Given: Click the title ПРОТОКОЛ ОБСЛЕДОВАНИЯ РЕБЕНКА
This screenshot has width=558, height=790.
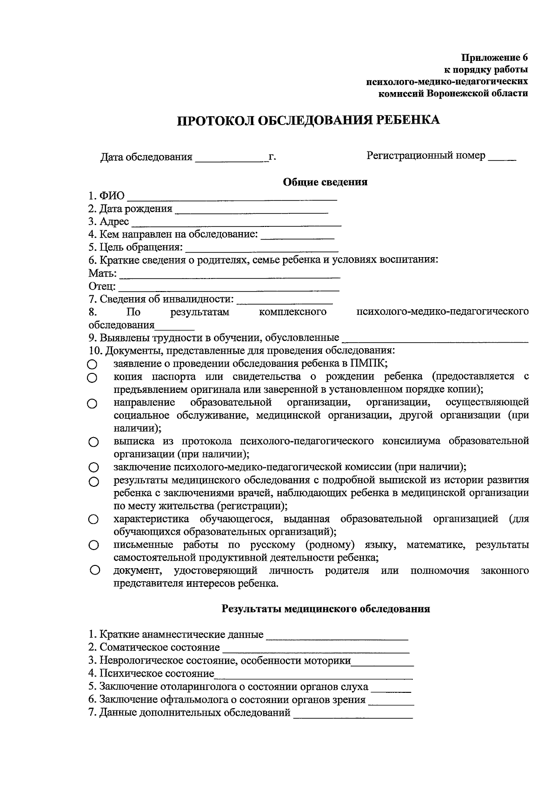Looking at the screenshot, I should (308, 120).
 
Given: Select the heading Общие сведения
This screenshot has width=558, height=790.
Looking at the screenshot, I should (325, 182).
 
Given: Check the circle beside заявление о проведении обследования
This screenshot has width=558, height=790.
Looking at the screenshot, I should (93, 365).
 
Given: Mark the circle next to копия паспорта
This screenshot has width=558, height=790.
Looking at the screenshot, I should (93, 378).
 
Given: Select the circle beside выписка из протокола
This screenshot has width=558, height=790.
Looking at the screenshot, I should (93, 442).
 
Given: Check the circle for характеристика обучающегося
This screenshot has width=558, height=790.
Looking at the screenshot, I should (93, 519).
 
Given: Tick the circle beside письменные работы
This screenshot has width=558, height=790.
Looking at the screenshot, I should (93, 545).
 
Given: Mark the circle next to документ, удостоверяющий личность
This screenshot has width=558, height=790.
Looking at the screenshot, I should (94, 570).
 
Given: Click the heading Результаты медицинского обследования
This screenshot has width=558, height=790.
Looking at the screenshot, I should (325, 609).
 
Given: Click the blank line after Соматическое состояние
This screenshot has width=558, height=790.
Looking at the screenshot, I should (316, 651).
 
